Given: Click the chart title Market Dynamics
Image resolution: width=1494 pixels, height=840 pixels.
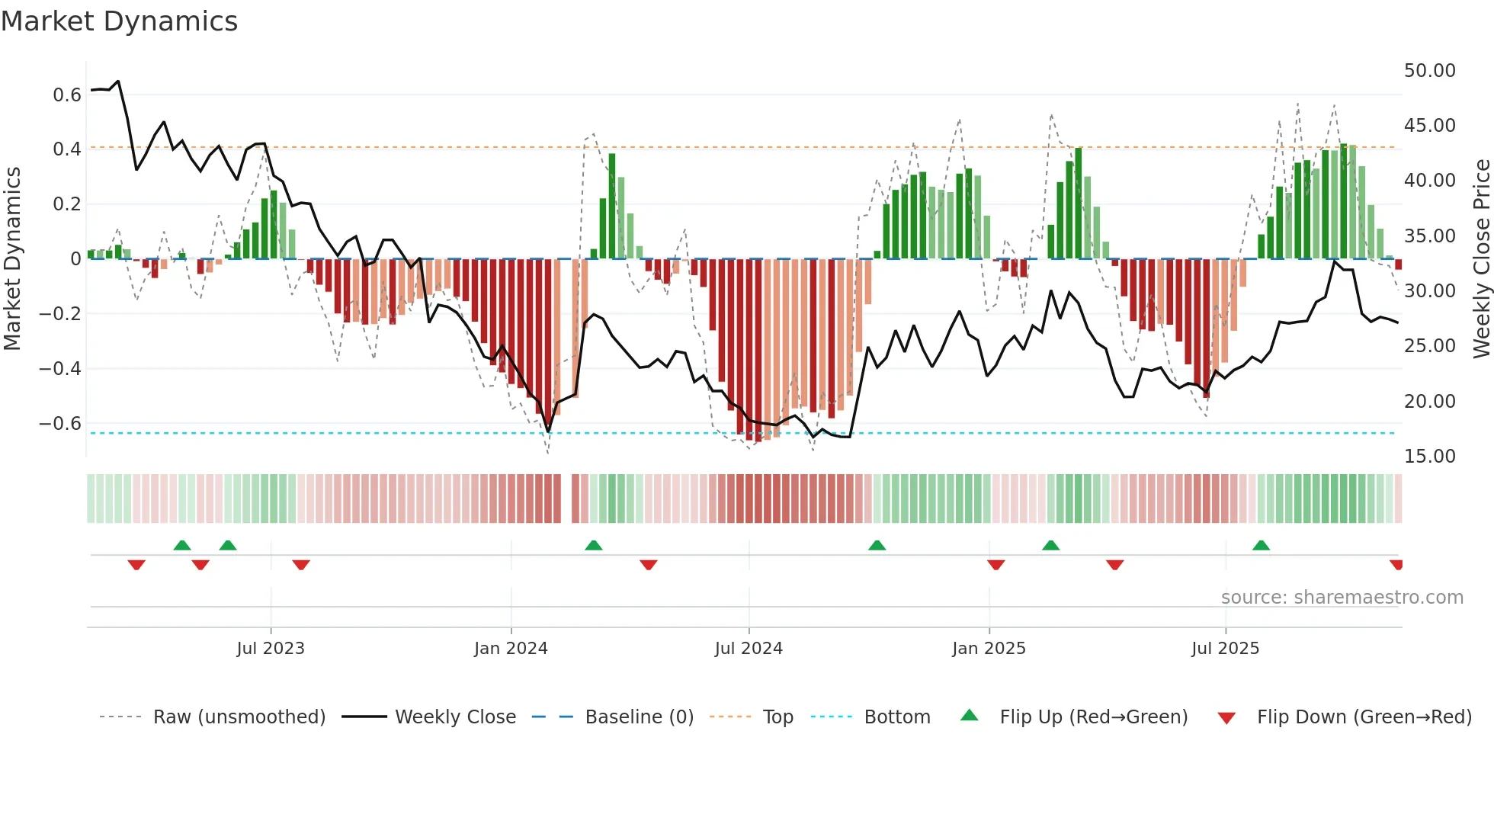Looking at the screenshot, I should point(120,21).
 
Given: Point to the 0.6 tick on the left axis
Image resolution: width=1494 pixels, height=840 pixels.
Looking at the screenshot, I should point(66,95).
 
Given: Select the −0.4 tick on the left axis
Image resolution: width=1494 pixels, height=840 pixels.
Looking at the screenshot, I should point(60,369).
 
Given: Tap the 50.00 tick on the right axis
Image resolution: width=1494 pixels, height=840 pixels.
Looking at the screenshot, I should point(1429,71).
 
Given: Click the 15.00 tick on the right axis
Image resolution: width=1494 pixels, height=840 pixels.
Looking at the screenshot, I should point(1429,457).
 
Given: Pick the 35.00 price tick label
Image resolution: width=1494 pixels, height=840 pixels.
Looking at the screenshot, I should point(1429,236).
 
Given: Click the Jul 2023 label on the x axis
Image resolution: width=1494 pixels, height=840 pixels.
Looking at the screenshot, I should point(271,649).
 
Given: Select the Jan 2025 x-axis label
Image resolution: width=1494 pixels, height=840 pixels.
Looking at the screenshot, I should point(989,649).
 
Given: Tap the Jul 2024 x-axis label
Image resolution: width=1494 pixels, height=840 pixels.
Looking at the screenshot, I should point(749,649).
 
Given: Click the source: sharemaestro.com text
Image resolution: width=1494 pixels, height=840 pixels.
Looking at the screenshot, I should point(1342,598).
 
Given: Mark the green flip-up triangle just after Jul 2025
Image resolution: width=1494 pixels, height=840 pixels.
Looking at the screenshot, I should point(1261,546).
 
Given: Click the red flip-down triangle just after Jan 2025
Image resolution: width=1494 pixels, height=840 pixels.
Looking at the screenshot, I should point(995,564).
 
